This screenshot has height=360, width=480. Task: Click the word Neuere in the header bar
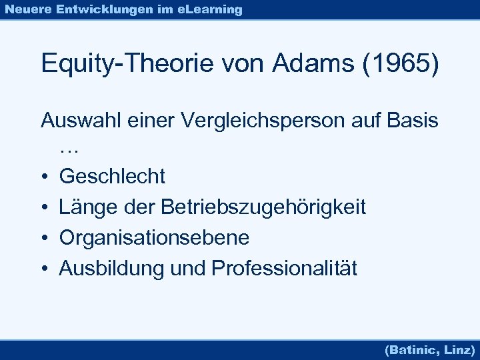(x=27, y=9)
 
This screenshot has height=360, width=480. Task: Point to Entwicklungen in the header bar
(x=98, y=9)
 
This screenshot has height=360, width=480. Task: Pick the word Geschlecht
(x=112, y=177)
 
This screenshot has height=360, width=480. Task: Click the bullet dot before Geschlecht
(x=43, y=177)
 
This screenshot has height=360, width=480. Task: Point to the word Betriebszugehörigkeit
(x=263, y=207)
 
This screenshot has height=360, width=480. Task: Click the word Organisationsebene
(x=154, y=238)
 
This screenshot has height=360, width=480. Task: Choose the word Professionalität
(x=284, y=269)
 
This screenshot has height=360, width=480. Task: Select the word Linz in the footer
(x=459, y=349)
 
